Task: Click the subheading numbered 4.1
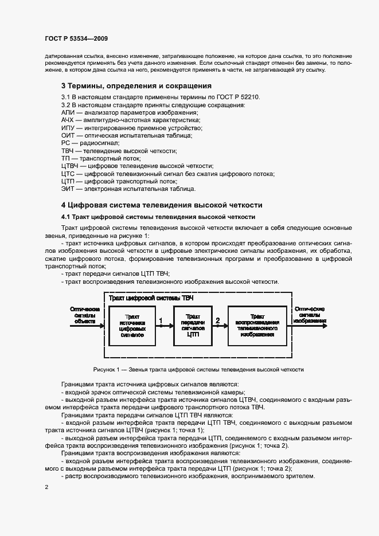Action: (x=154, y=217)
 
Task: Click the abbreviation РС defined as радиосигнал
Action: (x=65, y=143)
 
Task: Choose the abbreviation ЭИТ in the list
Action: (x=68, y=189)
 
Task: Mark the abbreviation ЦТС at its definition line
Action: (x=68, y=174)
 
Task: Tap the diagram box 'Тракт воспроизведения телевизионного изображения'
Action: (x=257, y=325)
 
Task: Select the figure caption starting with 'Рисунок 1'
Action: (x=198, y=369)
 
